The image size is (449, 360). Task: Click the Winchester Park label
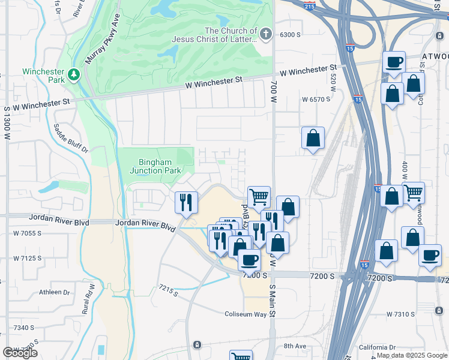(x=43, y=76)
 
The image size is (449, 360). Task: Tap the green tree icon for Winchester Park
(x=74, y=74)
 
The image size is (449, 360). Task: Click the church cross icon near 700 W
(x=266, y=34)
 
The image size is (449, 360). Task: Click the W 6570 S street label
(x=316, y=100)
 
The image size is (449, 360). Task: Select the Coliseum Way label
(x=245, y=314)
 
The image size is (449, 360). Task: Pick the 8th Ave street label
(x=295, y=346)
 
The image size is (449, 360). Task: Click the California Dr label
(x=377, y=347)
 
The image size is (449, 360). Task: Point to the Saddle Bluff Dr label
(x=71, y=139)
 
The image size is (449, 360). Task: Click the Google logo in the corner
(x=19, y=353)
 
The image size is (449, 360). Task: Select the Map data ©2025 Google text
(x=412, y=355)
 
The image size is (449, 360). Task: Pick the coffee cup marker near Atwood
(x=394, y=62)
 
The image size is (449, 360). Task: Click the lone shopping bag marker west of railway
(x=313, y=138)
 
